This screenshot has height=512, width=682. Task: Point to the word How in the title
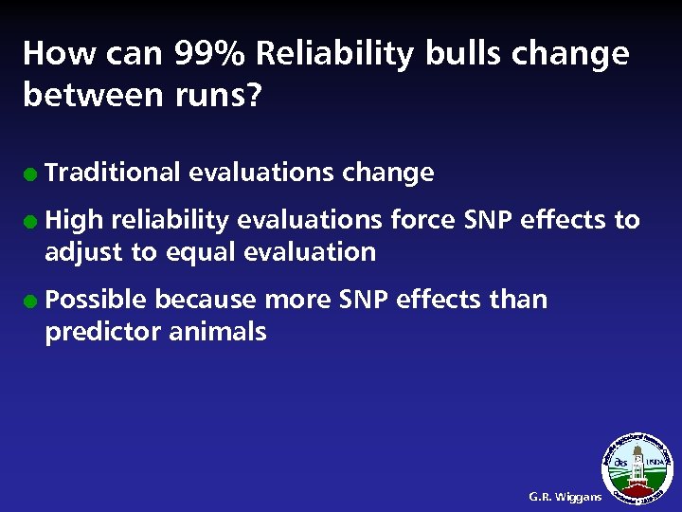(51, 54)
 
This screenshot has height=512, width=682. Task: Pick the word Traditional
(113, 173)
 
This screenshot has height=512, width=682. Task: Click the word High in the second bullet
(74, 221)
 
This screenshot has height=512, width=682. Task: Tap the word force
(423, 221)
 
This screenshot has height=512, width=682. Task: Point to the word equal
(200, 253)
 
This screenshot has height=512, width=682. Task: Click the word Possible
(96, 301)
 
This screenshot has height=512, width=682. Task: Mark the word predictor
(103, 333)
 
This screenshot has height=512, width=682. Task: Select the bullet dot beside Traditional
(32, 174)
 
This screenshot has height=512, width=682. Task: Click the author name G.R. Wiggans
(565, 497)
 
